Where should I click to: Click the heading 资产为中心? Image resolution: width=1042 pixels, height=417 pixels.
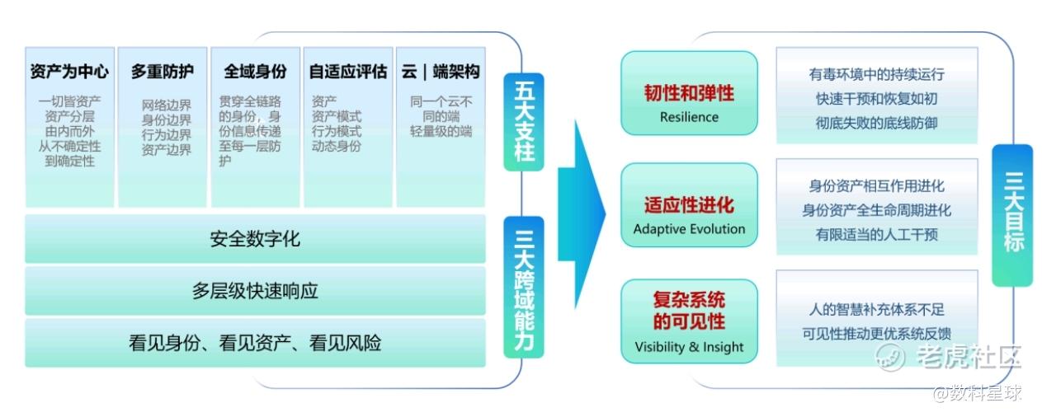70,71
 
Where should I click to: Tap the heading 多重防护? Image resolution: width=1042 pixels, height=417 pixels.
163,71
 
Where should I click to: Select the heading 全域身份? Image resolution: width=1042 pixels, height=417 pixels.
255,71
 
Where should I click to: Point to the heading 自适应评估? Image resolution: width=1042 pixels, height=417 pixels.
347,71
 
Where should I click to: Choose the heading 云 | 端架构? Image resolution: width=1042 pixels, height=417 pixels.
440,71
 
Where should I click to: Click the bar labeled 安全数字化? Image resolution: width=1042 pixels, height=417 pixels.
255,240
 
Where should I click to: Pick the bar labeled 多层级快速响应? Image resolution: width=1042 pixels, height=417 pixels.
255,291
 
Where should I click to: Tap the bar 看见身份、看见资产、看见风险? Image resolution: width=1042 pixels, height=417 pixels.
255,343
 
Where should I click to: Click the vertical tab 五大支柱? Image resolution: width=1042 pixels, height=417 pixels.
524,121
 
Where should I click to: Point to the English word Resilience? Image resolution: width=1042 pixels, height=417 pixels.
689,117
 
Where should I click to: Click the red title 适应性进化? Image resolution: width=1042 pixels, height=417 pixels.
689,204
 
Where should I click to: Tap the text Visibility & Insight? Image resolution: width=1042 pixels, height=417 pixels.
689,346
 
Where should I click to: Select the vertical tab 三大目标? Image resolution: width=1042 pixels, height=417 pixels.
1012,215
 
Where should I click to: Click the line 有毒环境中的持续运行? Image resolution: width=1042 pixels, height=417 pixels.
876,74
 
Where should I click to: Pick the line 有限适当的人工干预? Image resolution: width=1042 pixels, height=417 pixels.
876,234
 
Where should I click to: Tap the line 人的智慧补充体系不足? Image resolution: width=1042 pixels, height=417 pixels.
876,310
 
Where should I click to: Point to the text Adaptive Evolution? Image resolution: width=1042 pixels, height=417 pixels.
689,228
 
